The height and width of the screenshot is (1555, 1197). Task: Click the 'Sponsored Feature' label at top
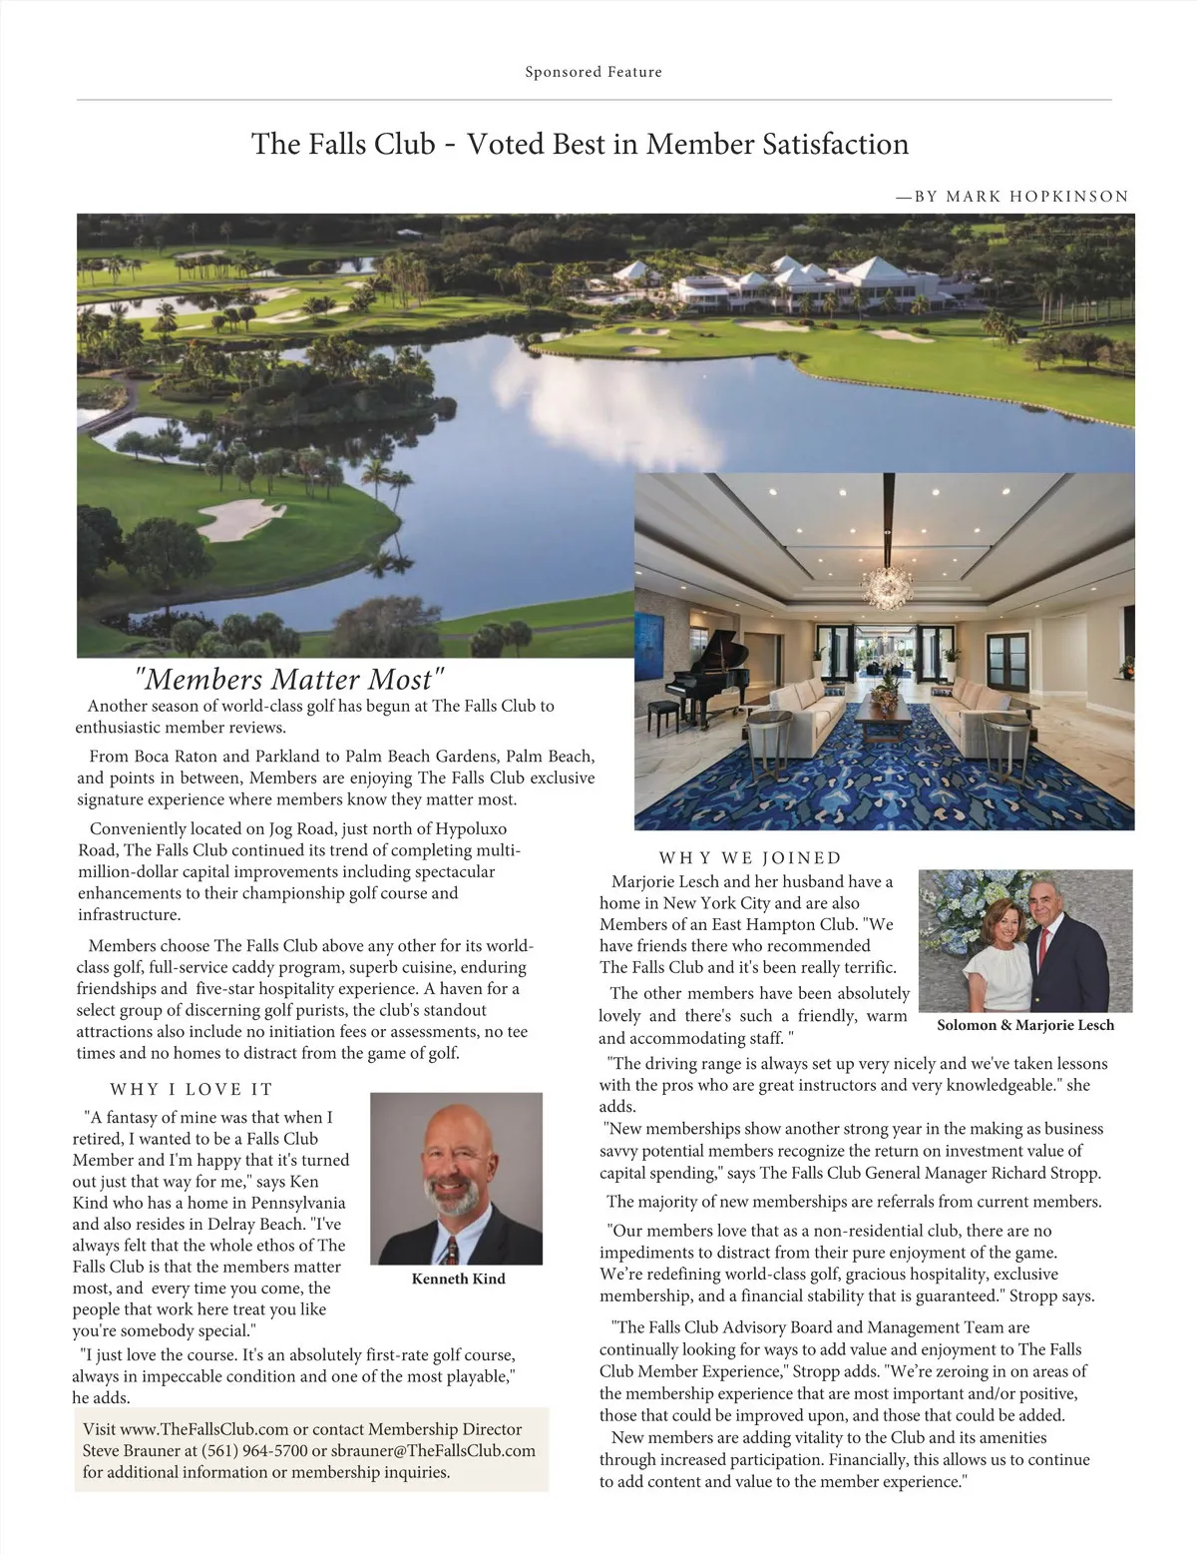pos(594,72)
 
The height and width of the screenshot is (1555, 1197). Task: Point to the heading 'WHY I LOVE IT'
pos(191,1089)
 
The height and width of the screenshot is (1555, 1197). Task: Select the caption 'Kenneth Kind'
pos(458,1279)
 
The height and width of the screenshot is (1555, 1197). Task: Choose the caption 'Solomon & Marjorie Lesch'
pos(1025,1025)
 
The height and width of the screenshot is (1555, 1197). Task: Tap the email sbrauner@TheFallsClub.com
pos(434,1450)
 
